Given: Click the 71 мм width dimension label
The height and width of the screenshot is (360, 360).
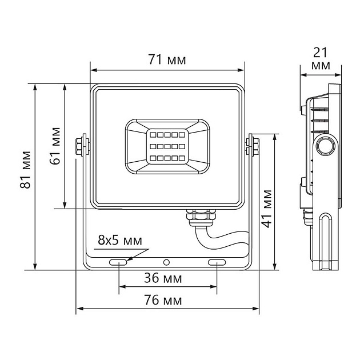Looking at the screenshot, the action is pyautogui.click(x=167, y=59).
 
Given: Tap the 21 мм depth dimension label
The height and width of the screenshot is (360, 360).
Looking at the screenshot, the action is pyautogui.click(x=321, y=59).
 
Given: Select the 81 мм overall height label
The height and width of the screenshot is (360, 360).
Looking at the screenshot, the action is pyautogui.click(x=25, y=170).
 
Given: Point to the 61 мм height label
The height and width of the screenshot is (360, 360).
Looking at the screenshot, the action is pyautogui.click(x=55, y=146).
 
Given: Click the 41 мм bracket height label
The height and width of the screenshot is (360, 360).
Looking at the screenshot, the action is pyautogui.click(x=267, y=209).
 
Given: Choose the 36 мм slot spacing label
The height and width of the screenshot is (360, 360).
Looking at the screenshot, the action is pyautogui.click(x=163, y=278).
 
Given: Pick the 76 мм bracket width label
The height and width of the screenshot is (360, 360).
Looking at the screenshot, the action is pyautogui.click(x=163, y=300).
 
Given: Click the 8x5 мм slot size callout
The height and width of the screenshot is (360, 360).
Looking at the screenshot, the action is pyautogui.click(x=120, y=240).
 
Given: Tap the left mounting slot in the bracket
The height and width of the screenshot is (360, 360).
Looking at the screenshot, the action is pyautogui.click(x=118, y=262).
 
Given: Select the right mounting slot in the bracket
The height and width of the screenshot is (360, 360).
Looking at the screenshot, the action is pyautogui.click(x=217, y=262).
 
